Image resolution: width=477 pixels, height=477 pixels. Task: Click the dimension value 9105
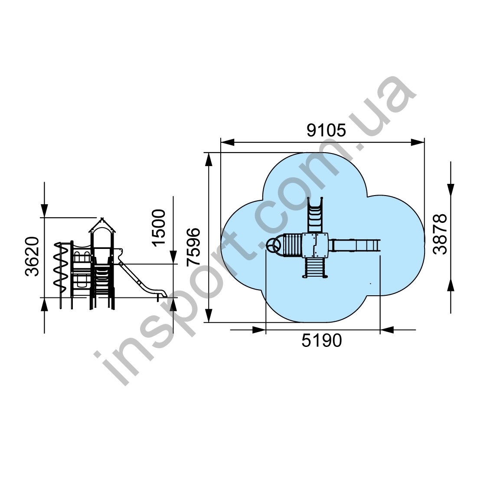(326, 130)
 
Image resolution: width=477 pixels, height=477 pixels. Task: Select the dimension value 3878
(440, 234)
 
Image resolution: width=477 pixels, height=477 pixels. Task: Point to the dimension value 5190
(322, 340)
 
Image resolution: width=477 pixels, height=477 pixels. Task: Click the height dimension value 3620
(32, 256)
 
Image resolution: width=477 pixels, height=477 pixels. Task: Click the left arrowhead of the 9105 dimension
(228, 142)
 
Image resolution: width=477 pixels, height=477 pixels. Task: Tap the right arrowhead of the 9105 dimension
(417, 142)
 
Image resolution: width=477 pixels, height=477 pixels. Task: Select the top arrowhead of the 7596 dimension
(209, 160)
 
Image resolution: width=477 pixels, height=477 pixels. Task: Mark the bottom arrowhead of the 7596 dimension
(209, 315)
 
